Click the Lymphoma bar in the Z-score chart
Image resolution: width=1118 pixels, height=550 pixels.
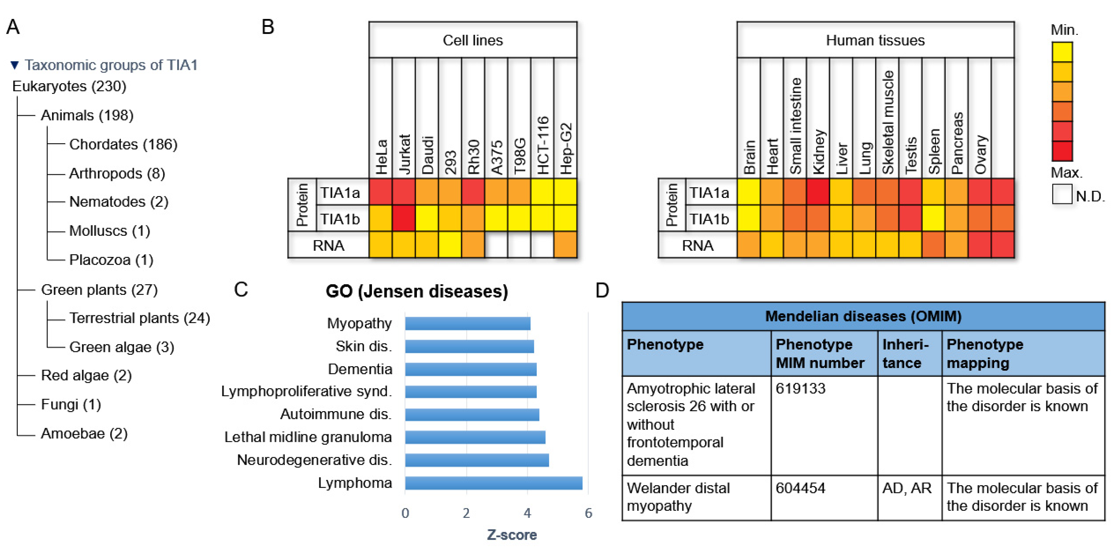pyautogui.click(x=493, y=483)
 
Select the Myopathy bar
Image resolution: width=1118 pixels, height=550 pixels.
pyautogui.click(x=467, y=323)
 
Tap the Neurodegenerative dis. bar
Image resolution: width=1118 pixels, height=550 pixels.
pyautogui.click(x=477, y=460)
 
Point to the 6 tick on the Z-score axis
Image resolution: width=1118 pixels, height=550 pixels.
pyautogui.click(x=588, y=513)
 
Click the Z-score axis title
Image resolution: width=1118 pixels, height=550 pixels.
pyautogui.click(x=512, y=535)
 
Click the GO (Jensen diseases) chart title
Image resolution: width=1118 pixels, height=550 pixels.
pyautogui.click(x=417, y=291)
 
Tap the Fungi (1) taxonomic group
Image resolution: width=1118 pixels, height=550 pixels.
pyautogui.click(x=71, y=404)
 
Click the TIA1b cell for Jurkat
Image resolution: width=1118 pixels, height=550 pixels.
pyautogui.click(x=404, y=218)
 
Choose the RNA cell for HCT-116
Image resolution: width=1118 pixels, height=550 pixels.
pyautogui.click(x=542, y=245)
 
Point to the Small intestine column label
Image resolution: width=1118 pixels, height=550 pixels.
pyautogui.click(x=795, y=126)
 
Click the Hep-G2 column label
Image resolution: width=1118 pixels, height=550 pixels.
pyautogui.click(x=565, y=148)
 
